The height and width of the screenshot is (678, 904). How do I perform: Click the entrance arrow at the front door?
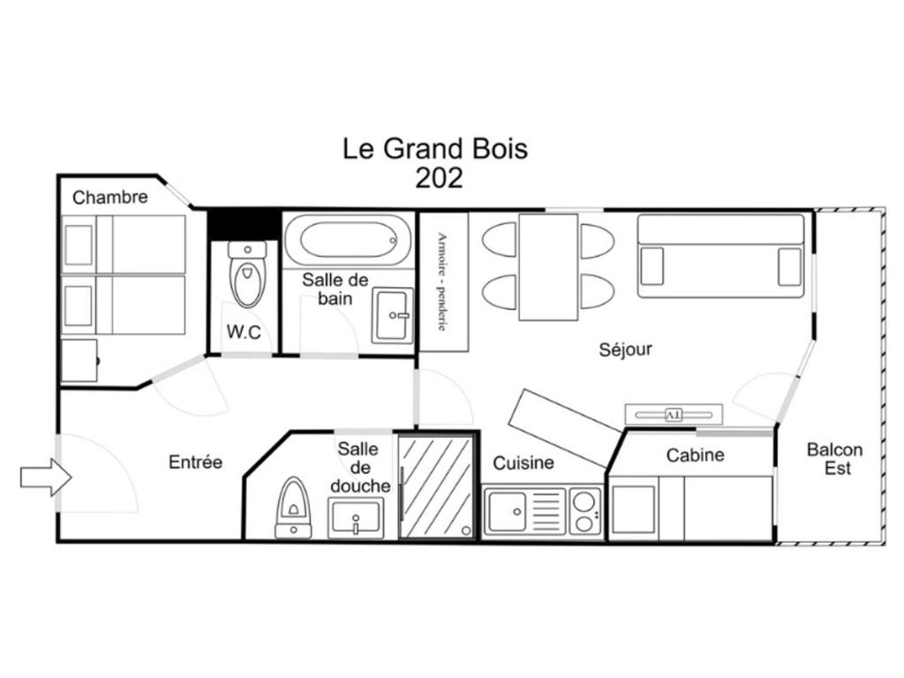[46, 478]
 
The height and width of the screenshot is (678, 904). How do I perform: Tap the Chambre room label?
[110, 197]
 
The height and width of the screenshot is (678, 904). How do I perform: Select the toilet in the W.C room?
[247, 274]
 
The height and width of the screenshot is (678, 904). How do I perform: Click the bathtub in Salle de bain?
[348, 240]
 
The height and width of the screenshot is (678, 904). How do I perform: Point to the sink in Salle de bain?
[392, 315]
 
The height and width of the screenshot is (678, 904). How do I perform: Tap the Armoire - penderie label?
[442, 282]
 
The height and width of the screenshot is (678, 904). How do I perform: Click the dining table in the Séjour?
[548, 267]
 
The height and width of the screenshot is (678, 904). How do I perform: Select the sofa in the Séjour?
[720, 256]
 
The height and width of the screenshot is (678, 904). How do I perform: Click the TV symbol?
[674, 415]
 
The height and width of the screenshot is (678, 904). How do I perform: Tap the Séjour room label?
[626, 350]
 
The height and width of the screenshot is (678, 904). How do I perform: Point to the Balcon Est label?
[835, 459]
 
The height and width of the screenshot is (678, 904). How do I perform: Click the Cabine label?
[696, 456]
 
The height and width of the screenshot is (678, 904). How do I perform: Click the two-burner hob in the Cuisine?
[586, 511]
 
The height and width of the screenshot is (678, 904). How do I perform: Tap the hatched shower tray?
[436, 486]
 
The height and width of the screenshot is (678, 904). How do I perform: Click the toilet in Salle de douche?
[294, 508]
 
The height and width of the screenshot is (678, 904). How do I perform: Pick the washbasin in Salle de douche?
[356, 517]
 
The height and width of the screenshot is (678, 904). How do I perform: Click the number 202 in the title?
[440, 178]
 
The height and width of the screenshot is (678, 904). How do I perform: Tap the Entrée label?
[195, 462]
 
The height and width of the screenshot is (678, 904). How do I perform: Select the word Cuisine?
[524, 463]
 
